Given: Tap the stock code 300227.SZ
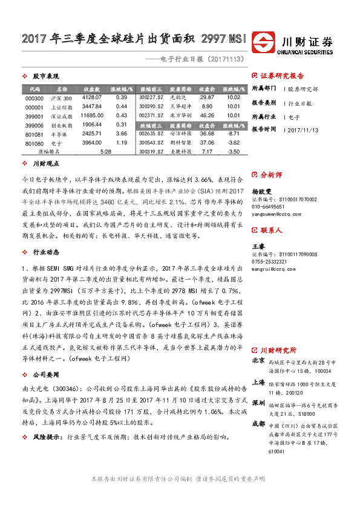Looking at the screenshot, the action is click(151, 97).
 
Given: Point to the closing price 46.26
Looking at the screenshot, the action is click(207, 115).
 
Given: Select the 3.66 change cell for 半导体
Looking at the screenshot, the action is click(121, 134).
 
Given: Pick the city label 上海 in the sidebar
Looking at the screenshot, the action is click(258, 383).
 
